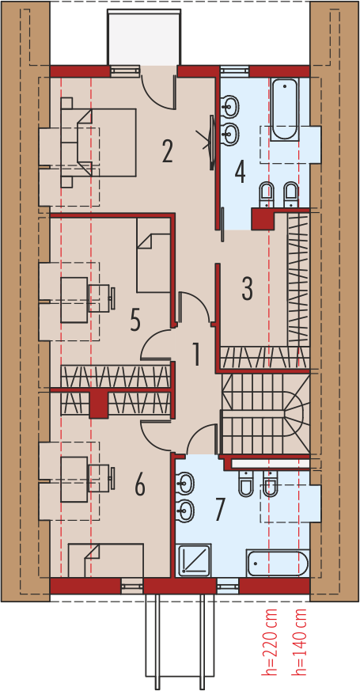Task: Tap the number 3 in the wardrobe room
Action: pyautogui.click(x=247, y=289)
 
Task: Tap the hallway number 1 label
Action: pyautogui.click(x=196, y=354)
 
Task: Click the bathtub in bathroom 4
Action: pyautogui.click(x=284, y=110)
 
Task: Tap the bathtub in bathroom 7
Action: pyautogui.click(x=277, y=562)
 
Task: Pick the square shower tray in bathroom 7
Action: pyautogui.click(x=193, y=560)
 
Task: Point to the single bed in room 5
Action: pyautogui.click(x=153, y=255)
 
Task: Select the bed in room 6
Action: pyautogui.click(x=106, y=560)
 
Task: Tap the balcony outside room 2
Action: pyautogui.click(x=144, y=37)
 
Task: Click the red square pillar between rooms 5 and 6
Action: pyautogui.click(x=98, y=404)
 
